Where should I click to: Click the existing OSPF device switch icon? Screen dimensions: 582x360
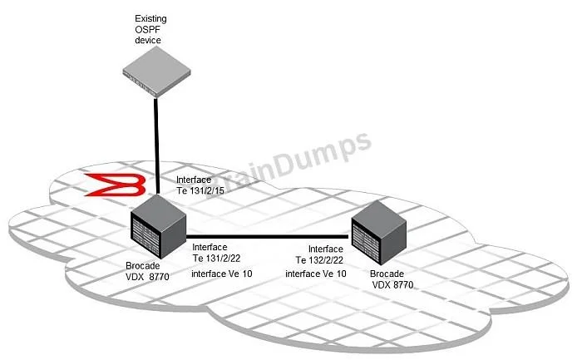[x=156, y=72]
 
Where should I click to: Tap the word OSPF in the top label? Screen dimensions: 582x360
[x=147, y=29]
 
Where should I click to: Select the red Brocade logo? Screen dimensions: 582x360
[x=116, y=185]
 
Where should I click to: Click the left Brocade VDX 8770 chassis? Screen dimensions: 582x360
[x=158, y=227]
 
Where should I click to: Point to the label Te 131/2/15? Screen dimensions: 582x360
[x=200, y=190]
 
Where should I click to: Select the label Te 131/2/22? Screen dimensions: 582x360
[x=216, y=259]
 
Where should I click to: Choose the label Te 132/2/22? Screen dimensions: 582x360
[x=319, y=260]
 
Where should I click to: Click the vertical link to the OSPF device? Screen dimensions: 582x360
[x=156, y=145]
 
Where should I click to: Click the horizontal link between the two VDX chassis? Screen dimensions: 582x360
[x=267, y=236]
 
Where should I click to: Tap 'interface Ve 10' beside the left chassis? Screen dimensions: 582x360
[x=222, y=274]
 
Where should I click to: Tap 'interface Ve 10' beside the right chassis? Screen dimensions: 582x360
[x=316, y=274]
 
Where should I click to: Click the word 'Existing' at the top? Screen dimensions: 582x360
[x=150, y=18]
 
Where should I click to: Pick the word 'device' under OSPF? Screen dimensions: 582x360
[x=148, y=40]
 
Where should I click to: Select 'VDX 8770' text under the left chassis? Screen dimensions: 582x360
[x=147, y=277]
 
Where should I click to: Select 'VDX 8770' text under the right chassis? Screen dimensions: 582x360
[x=392, y=285]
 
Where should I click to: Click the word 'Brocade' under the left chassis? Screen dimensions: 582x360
[x=143, y=266]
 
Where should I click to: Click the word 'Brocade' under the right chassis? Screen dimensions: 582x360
[x=387, y=274]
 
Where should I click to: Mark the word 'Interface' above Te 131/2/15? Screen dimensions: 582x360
[x=194, y=180]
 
